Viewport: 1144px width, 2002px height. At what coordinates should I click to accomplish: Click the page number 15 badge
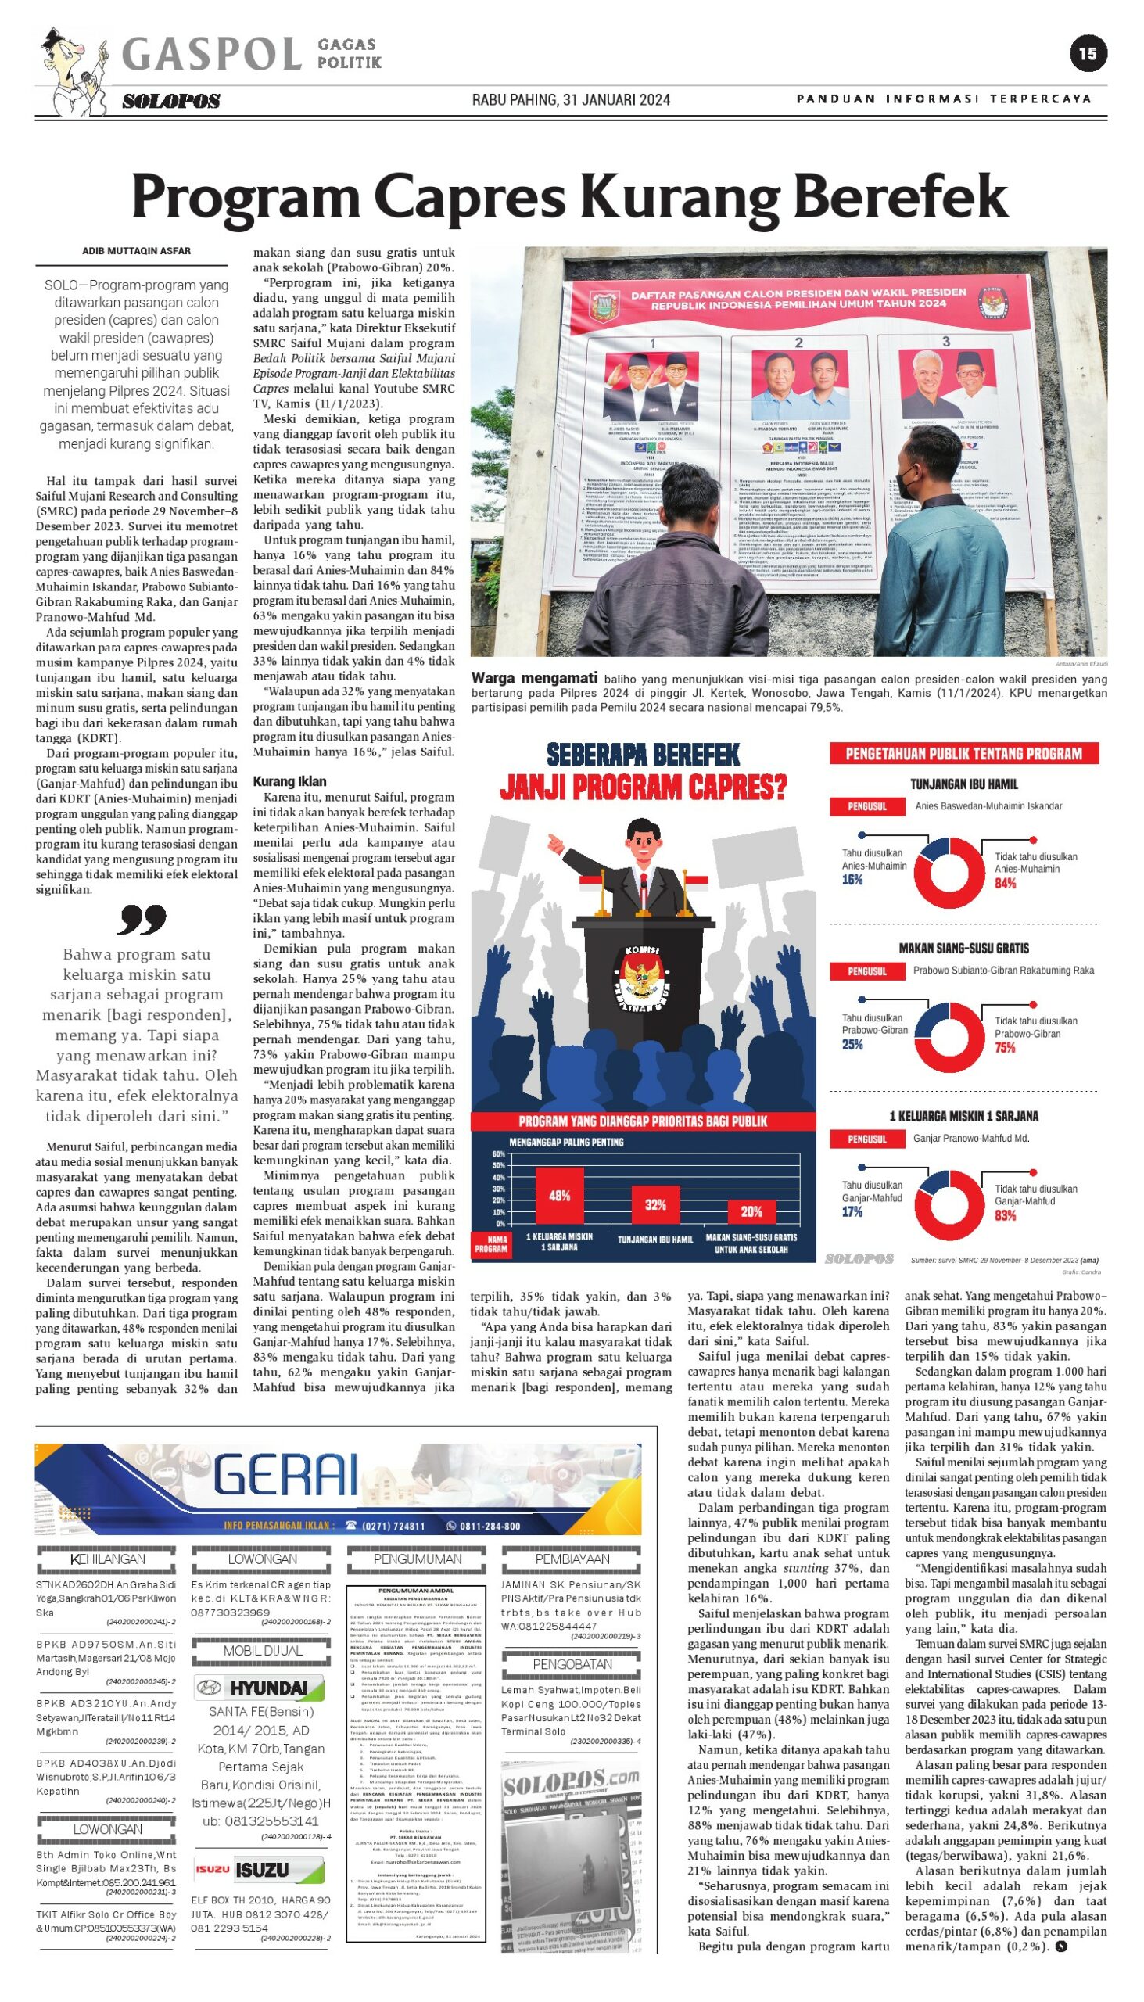[1088, 53]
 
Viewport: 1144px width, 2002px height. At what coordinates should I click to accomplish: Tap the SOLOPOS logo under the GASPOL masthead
[171, 102]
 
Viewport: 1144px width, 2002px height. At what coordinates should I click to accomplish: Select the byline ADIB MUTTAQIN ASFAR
[137, 252]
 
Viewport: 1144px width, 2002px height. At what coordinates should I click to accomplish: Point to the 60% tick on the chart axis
[499, 1154]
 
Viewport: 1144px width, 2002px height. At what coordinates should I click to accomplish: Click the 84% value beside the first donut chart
[1005, 884]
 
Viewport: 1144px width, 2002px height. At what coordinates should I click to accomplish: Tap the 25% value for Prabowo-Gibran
[852, 1044]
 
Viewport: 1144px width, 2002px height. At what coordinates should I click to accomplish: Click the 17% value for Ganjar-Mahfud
[852, 1212]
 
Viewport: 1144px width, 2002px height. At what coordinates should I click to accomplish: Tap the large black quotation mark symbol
[142, 920]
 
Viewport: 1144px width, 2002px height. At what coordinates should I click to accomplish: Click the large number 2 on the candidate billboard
[798, 343]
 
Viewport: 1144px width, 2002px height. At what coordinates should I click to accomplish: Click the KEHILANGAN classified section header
[108, 1559]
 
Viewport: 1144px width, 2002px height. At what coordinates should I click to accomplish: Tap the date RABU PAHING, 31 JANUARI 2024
[571, 100]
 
